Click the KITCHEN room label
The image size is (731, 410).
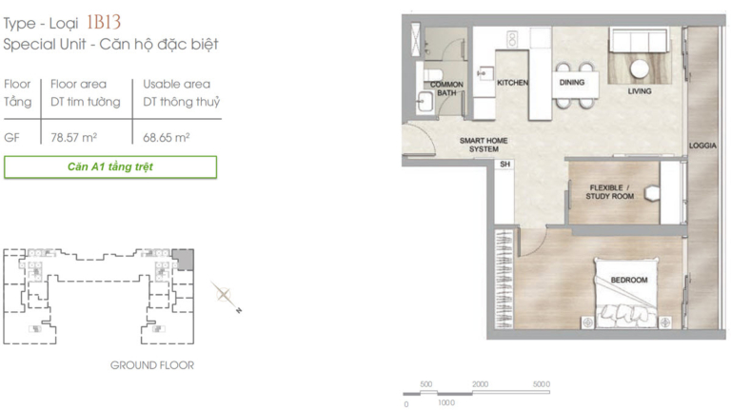512,83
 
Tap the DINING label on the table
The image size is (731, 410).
572,82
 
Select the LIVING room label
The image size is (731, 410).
640,91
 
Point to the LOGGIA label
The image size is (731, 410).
702,146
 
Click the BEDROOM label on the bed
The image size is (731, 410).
629,280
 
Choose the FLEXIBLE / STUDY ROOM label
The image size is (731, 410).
610,192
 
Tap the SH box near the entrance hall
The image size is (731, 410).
504,164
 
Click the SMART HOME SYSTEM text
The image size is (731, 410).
484,145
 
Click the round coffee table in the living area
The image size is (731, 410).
640,69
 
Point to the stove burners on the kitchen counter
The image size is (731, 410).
512,39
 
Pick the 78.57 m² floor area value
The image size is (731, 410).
73,137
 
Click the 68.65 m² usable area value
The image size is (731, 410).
166,137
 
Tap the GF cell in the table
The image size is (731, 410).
11,138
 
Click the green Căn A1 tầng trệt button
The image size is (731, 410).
110,166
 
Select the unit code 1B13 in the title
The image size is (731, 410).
104,23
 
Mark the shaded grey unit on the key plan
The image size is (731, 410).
183,259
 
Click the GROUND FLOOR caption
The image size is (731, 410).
152,365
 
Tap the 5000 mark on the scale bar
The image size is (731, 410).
542,384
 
